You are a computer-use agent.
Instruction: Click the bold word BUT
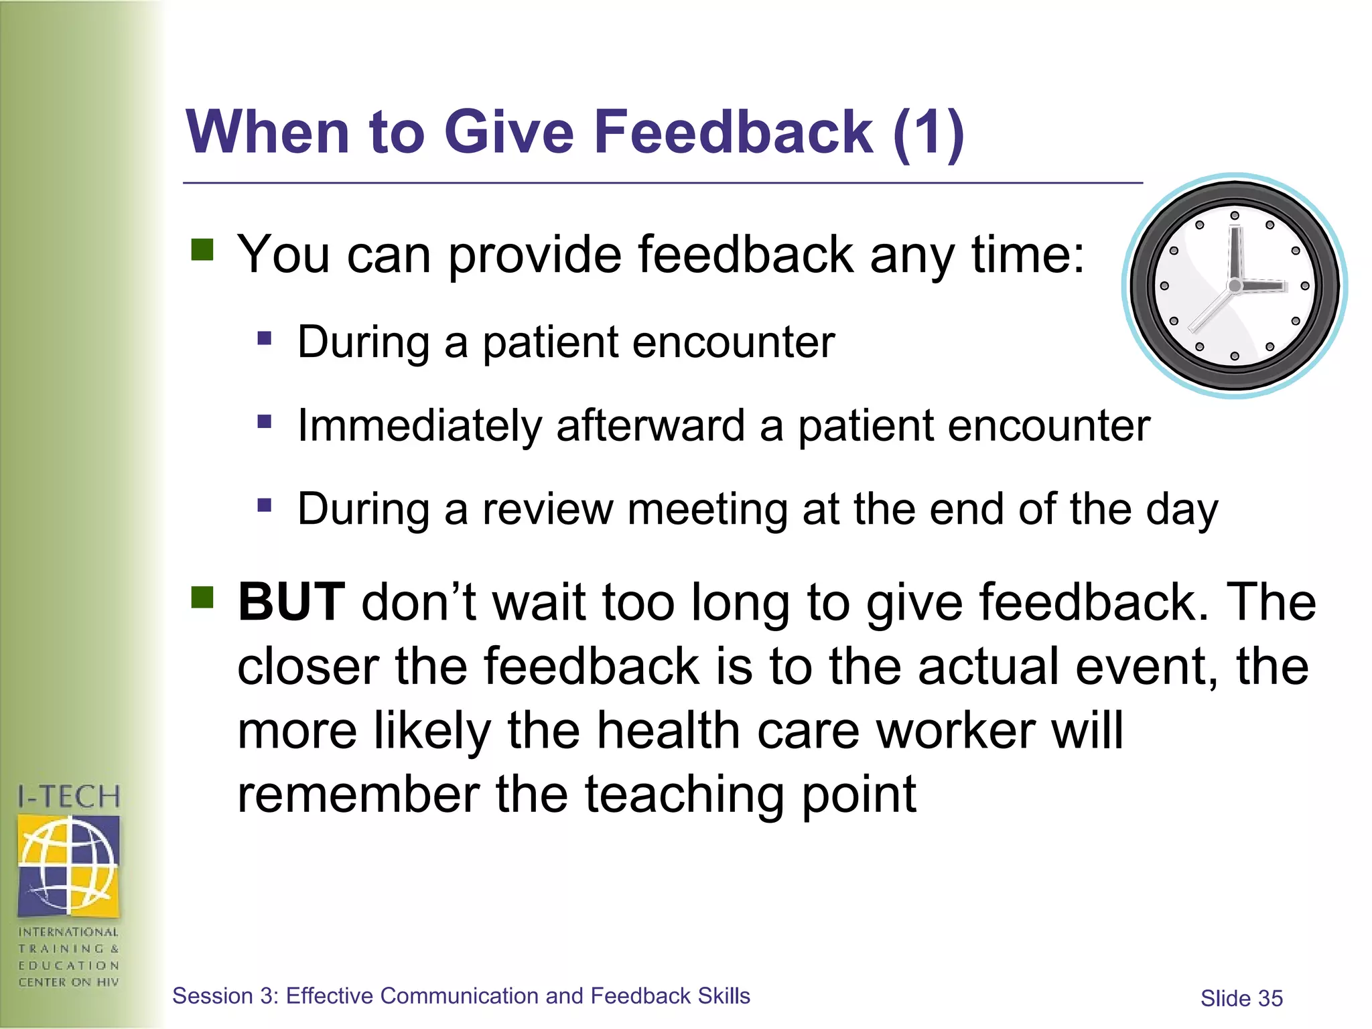pyautogui.click(x=291, y=602)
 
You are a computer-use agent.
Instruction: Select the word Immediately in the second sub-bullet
pyautogui.click(x=419, y=426)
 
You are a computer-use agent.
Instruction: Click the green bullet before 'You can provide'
pyautogui.click(x=202, y=250)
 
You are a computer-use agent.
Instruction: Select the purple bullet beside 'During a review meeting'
pyautogui.click(x=265, y=504)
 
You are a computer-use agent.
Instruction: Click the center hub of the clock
pyautogui.click(x=1235, y=286)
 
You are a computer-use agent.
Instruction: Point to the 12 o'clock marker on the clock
pyautogui.click(x=1235, y=216)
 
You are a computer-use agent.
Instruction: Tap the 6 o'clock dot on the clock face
pyautogui.click(x=1235, y=356)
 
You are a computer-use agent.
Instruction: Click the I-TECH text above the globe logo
pyautogui.click(x=69, y=797)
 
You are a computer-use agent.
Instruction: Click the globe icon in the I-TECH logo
pyautogui.click(x=69, y=865)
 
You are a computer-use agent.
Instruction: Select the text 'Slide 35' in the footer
pyautogui.click(x=1241, y=998)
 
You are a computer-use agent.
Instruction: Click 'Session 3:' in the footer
pyautogui.click(x=225, y=996)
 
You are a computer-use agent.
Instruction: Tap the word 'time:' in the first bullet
pyautogui.click(x=1028, y=255)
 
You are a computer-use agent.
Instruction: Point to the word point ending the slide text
pyautogui.click(x=858, y=795)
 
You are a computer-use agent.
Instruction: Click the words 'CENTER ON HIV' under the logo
pyautogui.click(x=69, y=982)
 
